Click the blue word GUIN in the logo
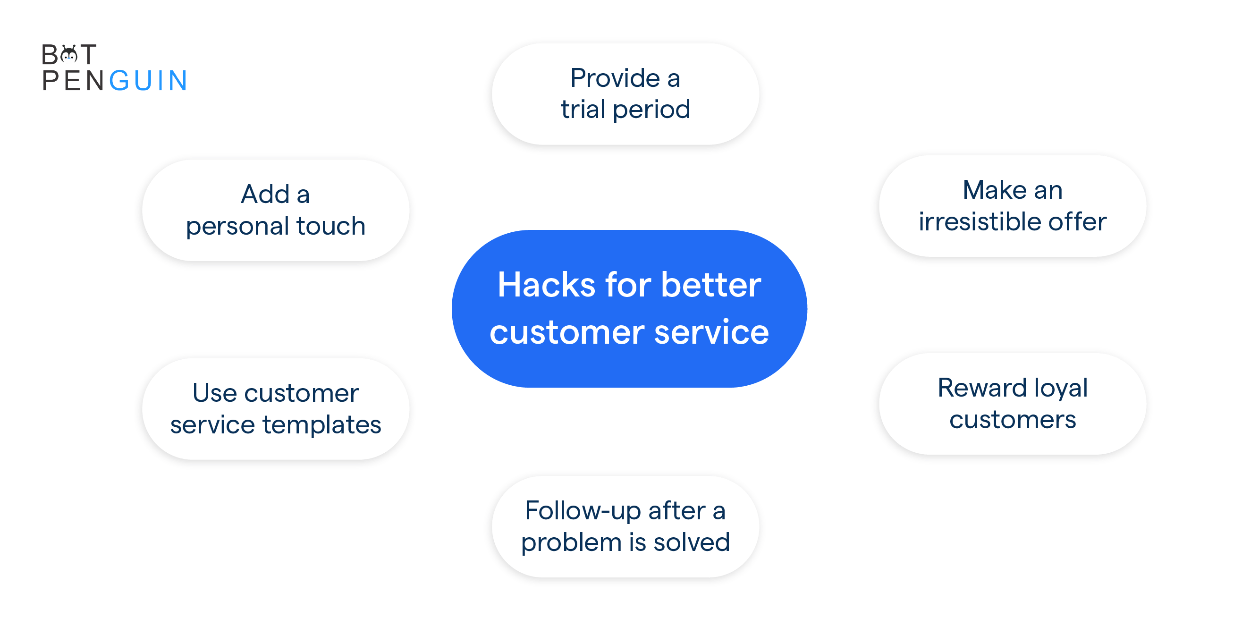click(x=148, y=81)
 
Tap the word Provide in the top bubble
click(x=615, y=78)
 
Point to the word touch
click(x=331, y=226)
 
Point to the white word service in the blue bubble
click(x=711, y=332)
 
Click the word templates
click(x=322, y=425)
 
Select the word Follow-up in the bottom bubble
click(x=583, y=511)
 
